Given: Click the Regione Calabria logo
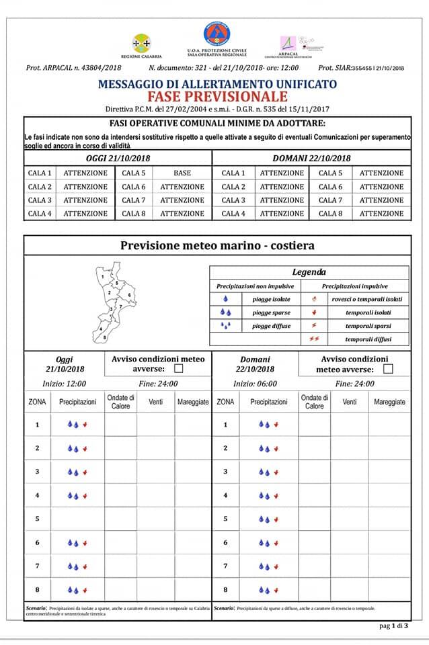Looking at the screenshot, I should (x=141, y=44).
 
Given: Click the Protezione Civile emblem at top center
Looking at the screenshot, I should (x=217, y=34).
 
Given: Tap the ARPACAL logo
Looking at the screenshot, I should (x=288, y=44).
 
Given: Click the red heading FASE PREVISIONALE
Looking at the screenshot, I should (x=217, y=97).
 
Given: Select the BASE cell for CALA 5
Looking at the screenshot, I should (x=182, y=173).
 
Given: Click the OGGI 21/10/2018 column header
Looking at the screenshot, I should (x=118, y=158).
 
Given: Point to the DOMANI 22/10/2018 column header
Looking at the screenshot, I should (x=311, y=158).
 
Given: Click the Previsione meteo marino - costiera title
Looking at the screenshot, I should (x=217, y=245).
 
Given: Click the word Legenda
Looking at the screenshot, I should (x=309, y=272).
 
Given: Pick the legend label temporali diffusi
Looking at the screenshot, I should (x=368, y=339).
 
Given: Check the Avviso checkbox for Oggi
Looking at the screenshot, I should (x=178, y=368).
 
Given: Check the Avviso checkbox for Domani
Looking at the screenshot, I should (x=387, y=368).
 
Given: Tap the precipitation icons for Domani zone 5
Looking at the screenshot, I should (x=268, y=519).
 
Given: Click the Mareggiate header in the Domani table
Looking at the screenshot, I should (x=389, y=402).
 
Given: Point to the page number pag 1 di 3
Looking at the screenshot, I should (x=393, y=626).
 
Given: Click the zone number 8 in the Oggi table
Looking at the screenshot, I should (x=37, y=589).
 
